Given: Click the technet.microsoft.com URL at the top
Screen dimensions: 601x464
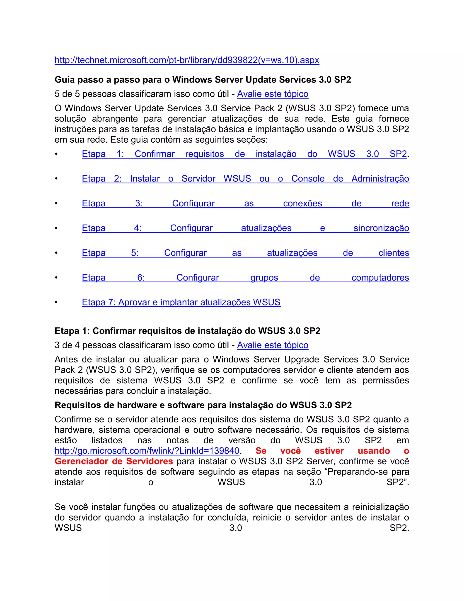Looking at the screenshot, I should click(x=187, y=60).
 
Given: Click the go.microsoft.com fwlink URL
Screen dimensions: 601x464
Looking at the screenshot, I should click(x=147, y=451).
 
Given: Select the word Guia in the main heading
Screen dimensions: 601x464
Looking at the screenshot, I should click(x=65, y=80).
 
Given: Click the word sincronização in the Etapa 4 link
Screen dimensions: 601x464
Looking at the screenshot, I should click(x=381, y=228).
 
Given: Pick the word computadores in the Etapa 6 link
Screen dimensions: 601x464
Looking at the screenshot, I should click(x=380, y=278).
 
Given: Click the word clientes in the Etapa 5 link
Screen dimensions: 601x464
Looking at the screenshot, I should click(x=394, y=253).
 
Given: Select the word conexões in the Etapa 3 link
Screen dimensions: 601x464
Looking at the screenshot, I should click(x=302, y=203).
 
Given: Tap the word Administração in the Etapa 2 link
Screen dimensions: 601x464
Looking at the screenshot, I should click(x=380, y=178).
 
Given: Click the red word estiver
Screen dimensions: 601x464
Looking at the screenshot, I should click(x=329, y=451).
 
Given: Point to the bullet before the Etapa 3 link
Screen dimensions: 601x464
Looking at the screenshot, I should click(x=56, y=203).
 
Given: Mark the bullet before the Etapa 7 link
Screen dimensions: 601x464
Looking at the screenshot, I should click(x=56, y=302).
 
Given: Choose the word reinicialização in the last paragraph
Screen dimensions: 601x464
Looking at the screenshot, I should click(x=380, y=507).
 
